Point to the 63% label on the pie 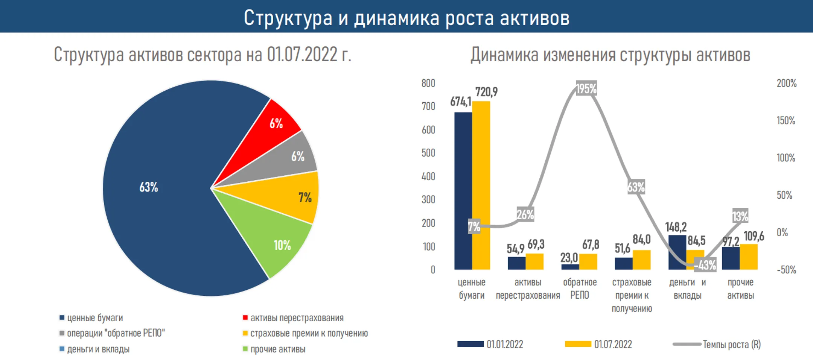click(149, 187)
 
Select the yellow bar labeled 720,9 click(481, 186)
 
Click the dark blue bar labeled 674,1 click(463, 192)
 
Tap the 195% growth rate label click(586, 88)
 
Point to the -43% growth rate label click(705, 265)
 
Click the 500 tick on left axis click(428, 153)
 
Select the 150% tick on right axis click(786, 120)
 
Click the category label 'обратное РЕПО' click(580, 289)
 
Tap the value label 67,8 click(591, 245)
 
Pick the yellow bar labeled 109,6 click(749, 257)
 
